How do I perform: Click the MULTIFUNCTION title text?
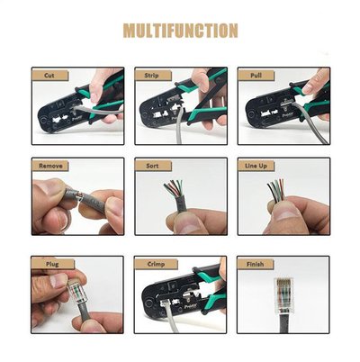pos(181,31)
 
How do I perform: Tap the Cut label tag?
pos(50,76)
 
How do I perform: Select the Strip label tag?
pos(153,76)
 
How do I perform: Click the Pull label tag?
pos(256,76)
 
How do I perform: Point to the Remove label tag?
pos(50,166)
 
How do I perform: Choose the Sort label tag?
pos(153,166)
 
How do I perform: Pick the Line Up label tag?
pos(256,166)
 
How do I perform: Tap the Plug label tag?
pos(53,264)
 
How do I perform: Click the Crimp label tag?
pos(156,264)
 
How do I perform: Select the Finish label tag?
pos(256,264)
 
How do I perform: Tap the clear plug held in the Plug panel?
pos(78,291)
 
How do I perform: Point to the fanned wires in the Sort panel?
pos(174,188)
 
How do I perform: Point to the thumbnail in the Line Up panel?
pos(286,214)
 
